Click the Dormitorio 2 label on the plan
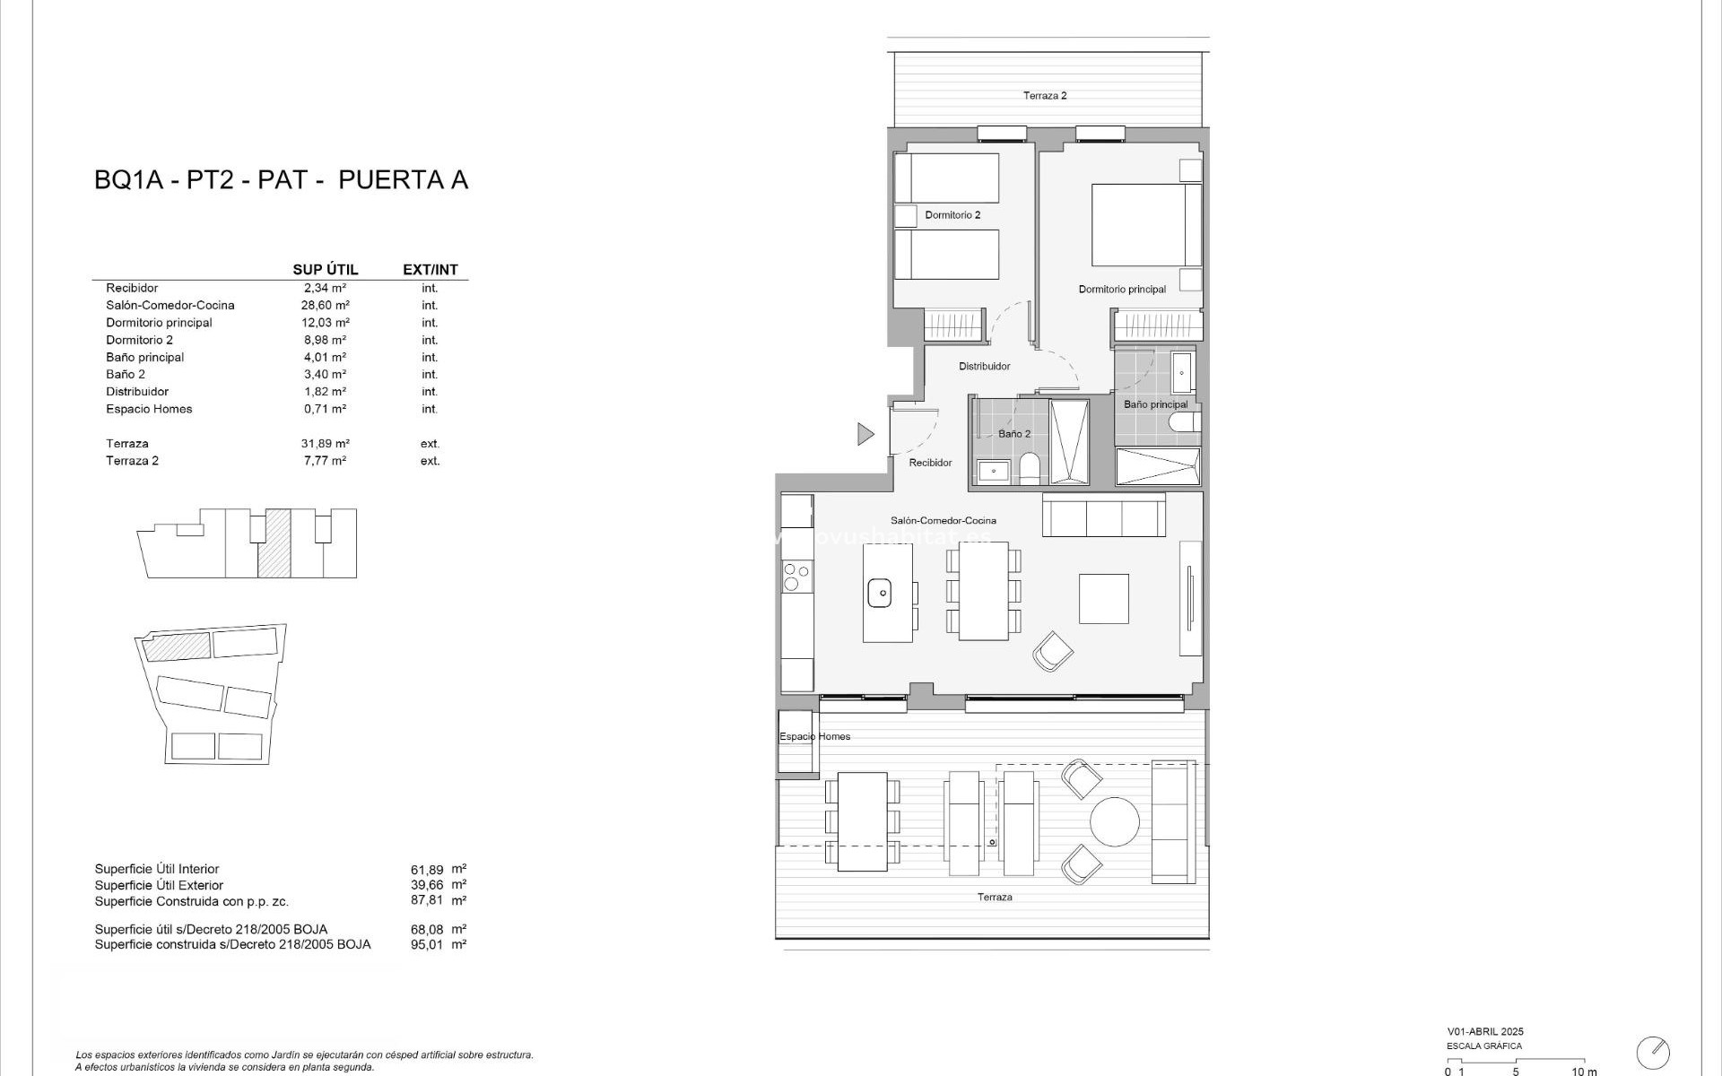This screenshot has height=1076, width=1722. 952,215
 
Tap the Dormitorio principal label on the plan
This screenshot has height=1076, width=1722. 1122,290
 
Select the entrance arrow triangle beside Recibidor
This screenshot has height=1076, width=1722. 865,434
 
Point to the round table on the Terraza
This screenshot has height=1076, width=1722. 1114,821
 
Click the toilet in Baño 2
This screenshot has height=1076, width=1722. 1031,468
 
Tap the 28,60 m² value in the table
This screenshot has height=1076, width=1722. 325,306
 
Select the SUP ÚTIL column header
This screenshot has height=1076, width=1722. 325,270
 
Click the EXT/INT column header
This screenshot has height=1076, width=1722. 430,270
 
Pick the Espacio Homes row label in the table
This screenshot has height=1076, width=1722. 149,409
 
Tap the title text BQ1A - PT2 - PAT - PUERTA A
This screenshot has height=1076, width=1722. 281,180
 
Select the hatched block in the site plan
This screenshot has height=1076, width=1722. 178,646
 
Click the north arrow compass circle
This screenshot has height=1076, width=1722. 1653,1052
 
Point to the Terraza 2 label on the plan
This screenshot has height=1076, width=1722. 1045,96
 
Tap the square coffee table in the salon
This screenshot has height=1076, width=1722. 1103,598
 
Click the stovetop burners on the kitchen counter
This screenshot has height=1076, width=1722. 796,576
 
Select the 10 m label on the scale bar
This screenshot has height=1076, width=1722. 1584,1071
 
